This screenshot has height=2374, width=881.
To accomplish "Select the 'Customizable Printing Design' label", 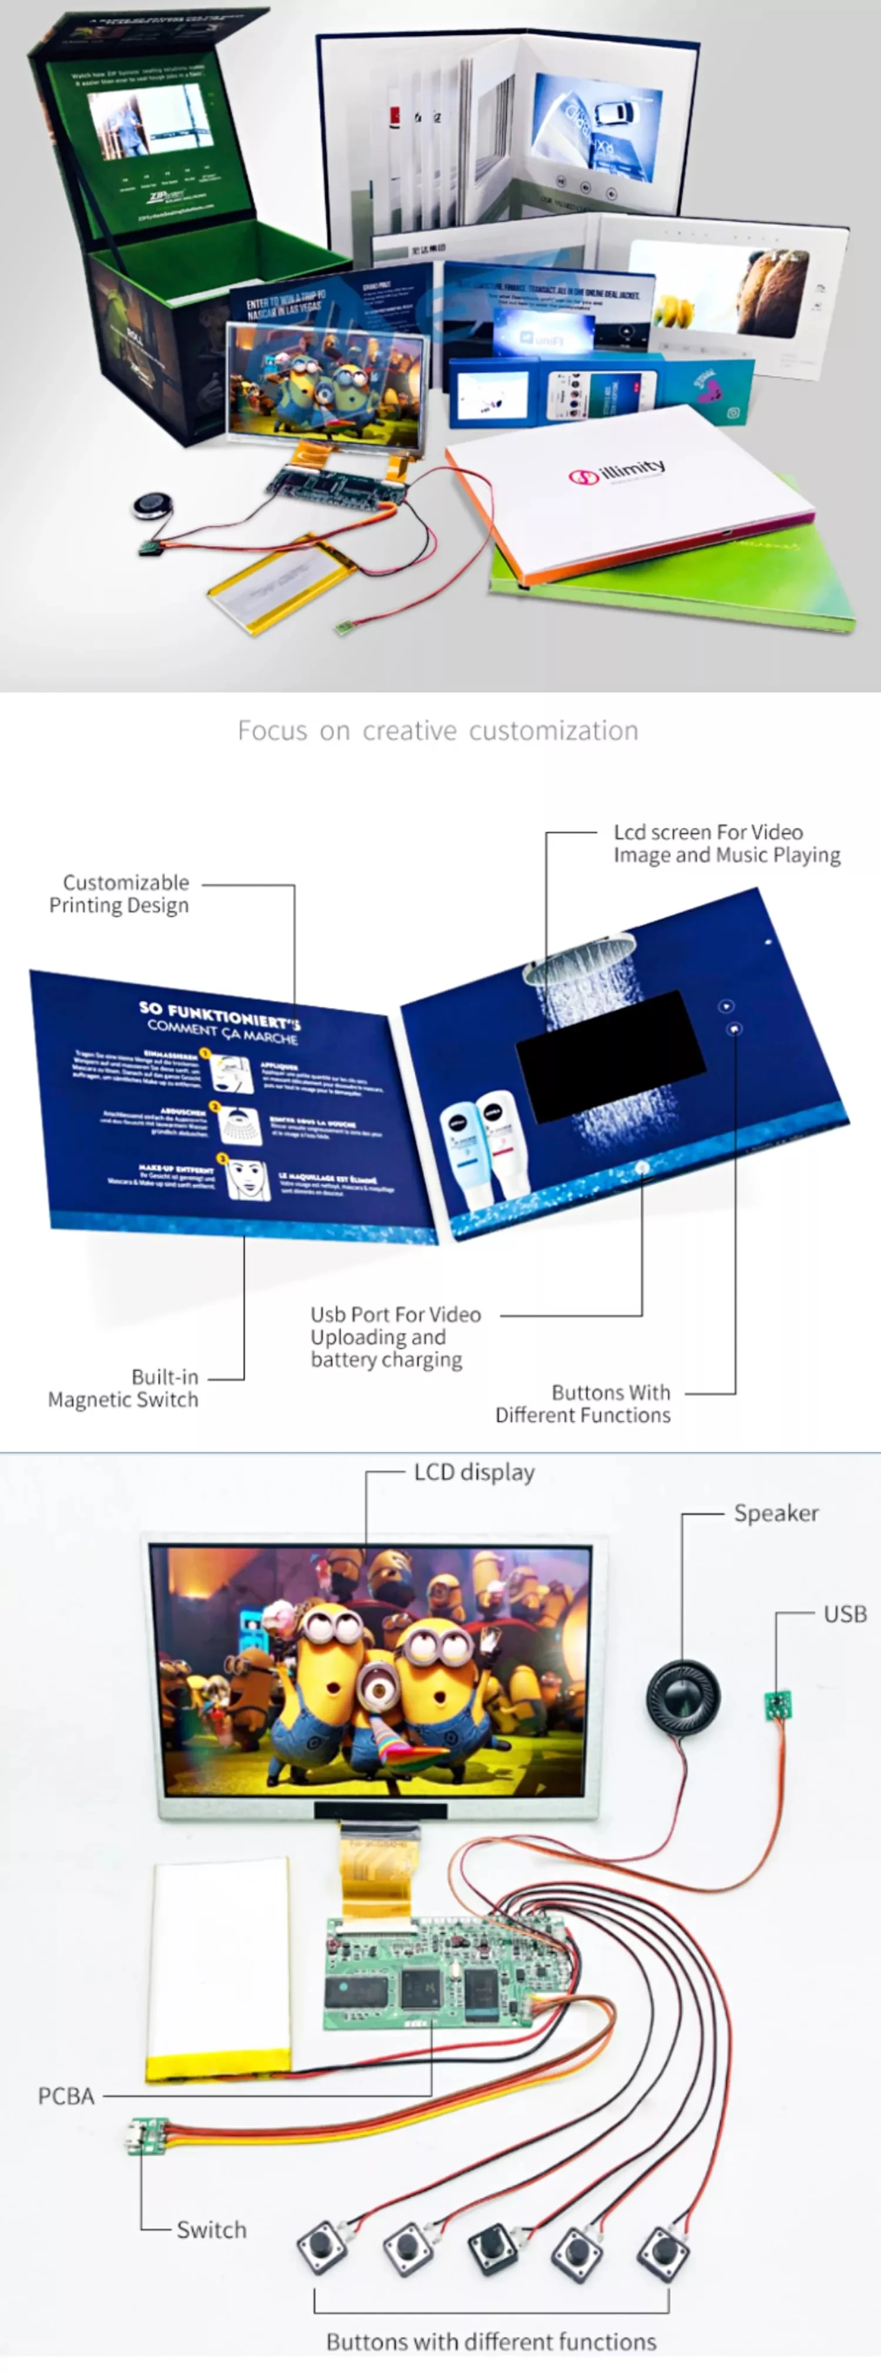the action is click(x=120, y=894).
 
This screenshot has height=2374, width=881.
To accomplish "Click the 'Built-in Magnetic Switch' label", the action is click(x=123, y=1388).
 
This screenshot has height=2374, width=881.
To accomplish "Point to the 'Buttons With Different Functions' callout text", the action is click(x=583, y=1404).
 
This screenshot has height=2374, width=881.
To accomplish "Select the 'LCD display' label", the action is click(x=473, y=1472).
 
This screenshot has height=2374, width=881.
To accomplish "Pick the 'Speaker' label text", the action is click(x=776, y=1513).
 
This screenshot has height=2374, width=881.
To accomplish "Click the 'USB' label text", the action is click(x=845, y=1613).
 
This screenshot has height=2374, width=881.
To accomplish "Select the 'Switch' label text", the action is click(x=211, y=2230).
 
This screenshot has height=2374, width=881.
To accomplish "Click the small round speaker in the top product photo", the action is click(x=147, y=506).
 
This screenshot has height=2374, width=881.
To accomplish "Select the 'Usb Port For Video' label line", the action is click(x=395, y=1314).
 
